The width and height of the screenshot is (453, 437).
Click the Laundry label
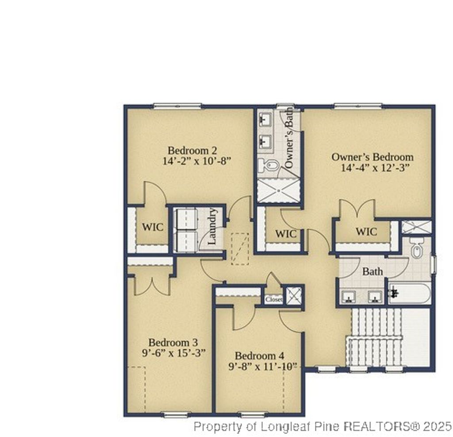point(212,227)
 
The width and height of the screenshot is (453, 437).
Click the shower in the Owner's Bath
point(279,191)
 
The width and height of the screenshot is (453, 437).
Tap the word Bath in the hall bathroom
point(372,271)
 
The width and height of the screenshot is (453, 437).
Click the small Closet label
point(274,300)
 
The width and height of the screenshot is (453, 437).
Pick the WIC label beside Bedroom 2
point(152,227)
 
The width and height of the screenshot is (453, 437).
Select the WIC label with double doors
point(366,232)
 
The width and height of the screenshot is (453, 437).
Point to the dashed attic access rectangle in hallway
point(240,248)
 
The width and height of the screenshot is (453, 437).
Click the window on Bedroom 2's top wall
point(177,106)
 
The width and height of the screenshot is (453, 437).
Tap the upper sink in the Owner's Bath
point(265,119)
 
